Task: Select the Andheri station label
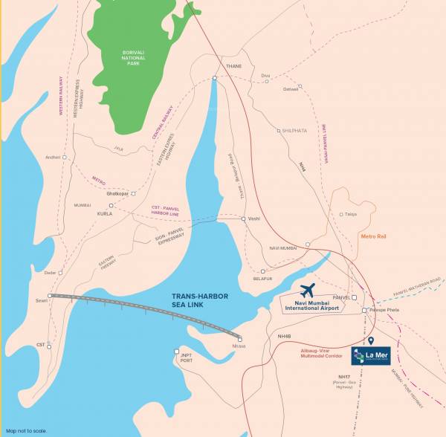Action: coord(53,158)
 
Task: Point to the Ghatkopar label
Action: coord(117,193)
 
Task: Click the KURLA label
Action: coord(104,213)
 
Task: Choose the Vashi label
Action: coord(253,218)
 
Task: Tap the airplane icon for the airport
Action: coord(306,290)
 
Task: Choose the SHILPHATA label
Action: coord(294,130)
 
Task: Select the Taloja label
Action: coord(351,214)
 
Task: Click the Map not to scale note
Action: coord(27,430)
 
